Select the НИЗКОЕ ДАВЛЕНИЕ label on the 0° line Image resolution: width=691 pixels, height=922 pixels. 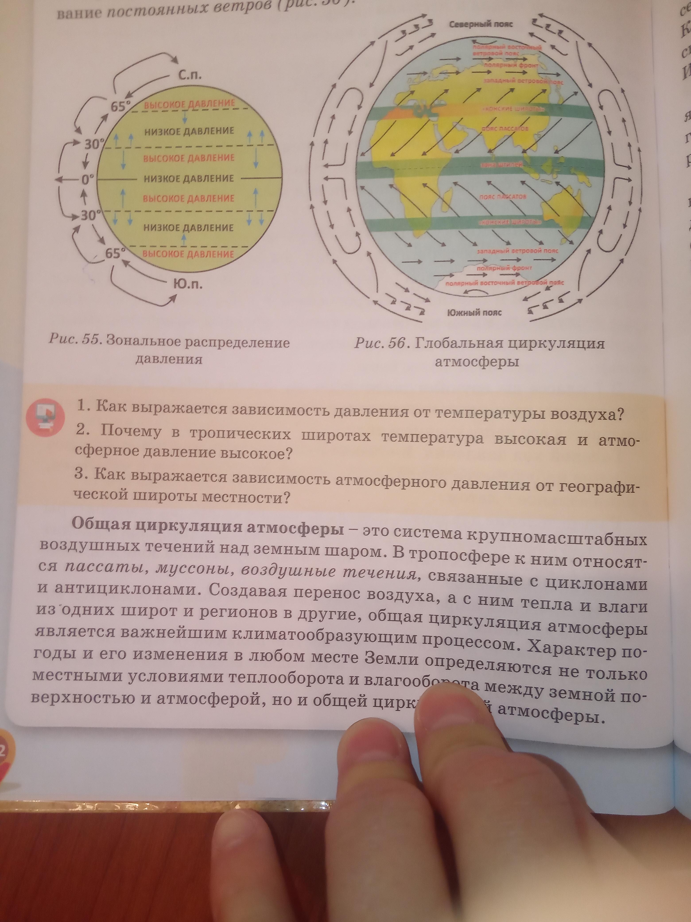tap(189, 178)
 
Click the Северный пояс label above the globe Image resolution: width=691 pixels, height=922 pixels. tap(481, 24)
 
